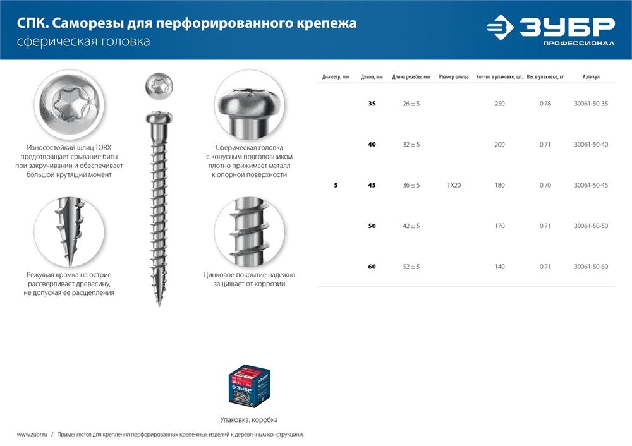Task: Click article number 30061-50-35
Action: pos(591,104)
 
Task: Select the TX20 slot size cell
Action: pos(453,186)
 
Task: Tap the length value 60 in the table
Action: pos(372,267)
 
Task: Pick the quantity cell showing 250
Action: pos(499,104)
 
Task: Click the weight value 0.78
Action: pos(545,104)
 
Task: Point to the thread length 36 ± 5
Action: pos(411,186)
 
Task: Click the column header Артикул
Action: pos(591,77)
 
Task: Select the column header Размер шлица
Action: pos(453,77)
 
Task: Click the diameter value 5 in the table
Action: pos(336,186)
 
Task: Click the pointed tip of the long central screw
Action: pos(158,303)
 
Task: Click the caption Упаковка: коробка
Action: pos(248,419)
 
